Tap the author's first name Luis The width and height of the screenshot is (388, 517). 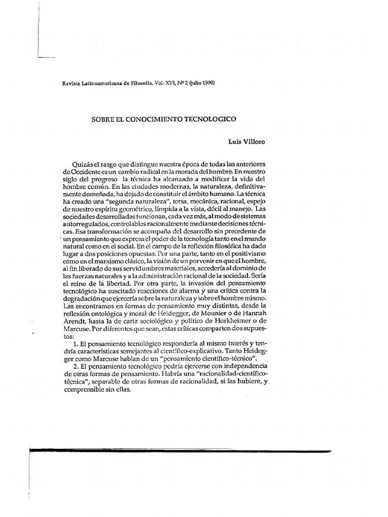235,142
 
